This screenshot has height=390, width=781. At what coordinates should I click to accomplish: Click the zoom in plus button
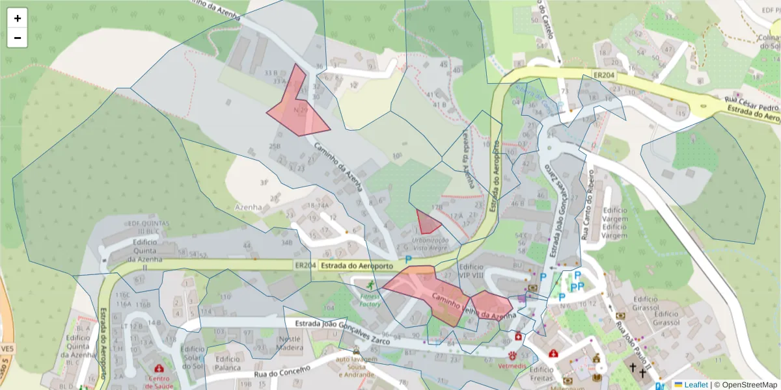pos(18,18)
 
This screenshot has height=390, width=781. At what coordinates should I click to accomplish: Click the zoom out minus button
pos(18,38)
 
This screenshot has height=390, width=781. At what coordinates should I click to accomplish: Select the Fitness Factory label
pos(370,300)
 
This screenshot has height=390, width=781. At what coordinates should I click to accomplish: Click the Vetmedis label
pos(512,365)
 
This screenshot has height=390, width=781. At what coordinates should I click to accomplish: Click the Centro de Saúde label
pos(159,382)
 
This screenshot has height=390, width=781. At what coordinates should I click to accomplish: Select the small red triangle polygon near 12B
pos(427,223)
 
